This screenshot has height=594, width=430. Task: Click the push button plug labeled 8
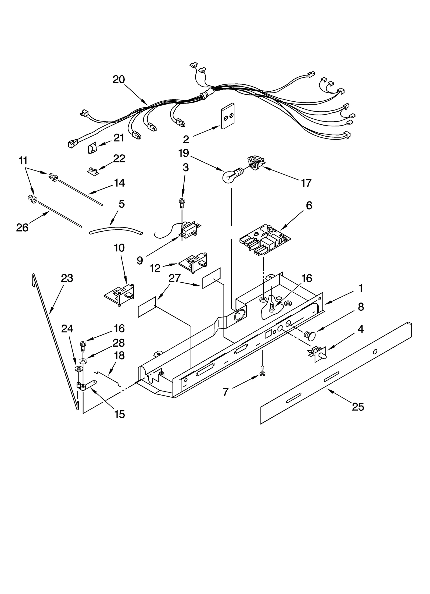(x=310, y=335)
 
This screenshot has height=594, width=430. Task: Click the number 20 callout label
(x=119, y=80)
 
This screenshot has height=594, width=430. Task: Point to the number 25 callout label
(x=358, y=407)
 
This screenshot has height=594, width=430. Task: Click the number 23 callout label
(x=67, y=278)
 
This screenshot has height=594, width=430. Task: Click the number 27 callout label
(x=174, y=278)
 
